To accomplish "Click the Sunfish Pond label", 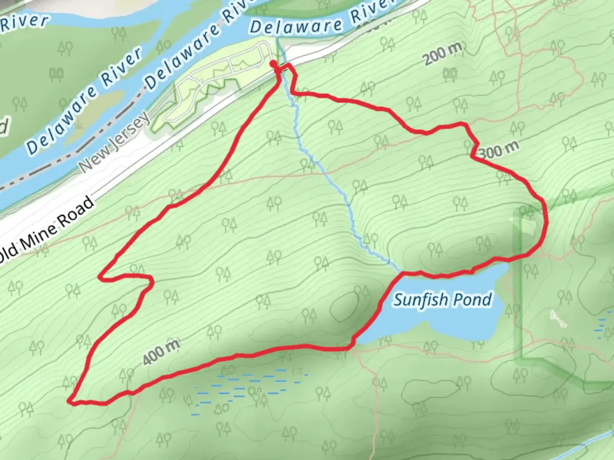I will click(442, 300).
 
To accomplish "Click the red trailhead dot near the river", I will click(272, 63).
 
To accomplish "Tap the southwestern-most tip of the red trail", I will click(70, 400).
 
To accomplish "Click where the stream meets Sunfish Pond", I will click(401, 271).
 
